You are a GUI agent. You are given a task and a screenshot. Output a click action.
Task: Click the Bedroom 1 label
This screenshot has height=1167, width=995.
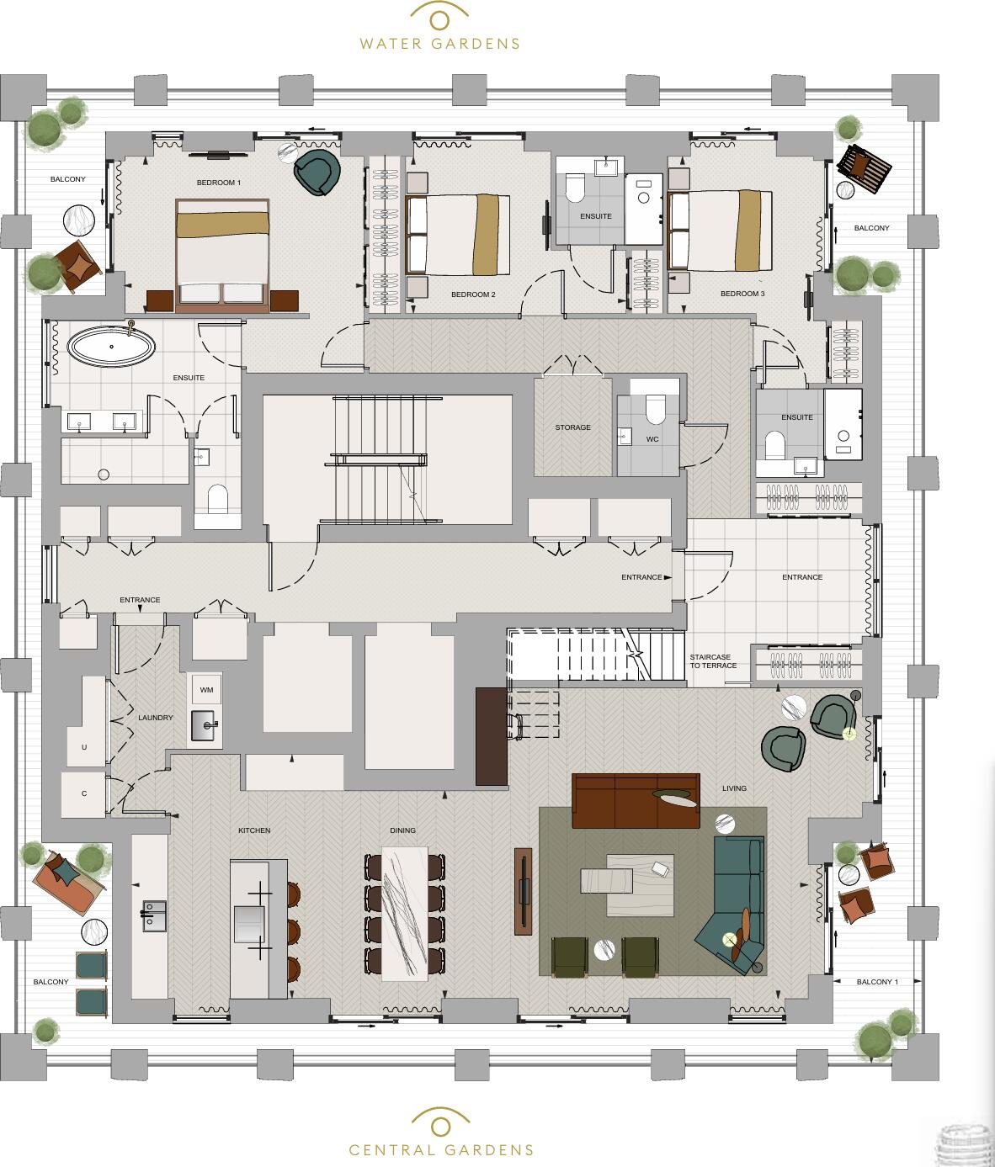219,183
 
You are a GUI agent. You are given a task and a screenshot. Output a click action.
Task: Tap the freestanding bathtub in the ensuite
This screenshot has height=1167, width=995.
112,346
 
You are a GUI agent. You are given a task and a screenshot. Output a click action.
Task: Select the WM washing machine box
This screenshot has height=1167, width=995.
206,690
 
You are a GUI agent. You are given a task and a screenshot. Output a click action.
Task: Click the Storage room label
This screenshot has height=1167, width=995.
572,427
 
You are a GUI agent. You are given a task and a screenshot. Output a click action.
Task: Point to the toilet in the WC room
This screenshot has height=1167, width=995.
655,411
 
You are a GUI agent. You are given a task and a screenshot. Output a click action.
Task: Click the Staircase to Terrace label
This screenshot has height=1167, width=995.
713,661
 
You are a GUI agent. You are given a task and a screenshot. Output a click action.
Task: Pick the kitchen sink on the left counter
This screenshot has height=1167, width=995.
154,917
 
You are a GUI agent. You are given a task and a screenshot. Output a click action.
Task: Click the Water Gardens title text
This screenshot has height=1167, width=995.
439,44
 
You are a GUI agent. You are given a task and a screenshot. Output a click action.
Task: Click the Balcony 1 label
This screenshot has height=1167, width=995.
877,982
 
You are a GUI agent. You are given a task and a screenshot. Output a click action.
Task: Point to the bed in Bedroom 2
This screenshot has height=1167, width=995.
459,235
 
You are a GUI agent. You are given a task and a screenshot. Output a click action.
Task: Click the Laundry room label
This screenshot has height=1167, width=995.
156,718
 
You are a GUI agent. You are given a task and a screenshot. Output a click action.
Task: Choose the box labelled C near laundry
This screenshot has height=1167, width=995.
84,793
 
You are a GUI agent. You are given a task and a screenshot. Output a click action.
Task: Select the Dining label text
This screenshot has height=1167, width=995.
402,830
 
